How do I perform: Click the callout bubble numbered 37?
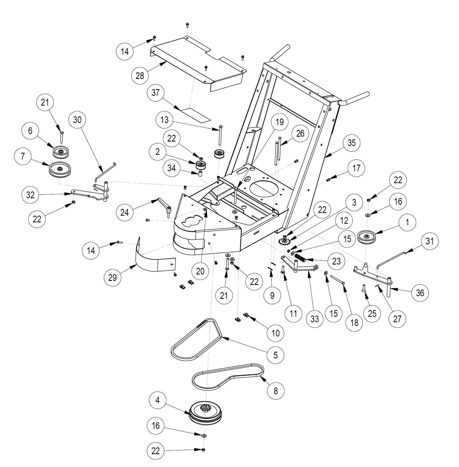156,93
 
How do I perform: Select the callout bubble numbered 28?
140,76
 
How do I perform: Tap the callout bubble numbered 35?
351,143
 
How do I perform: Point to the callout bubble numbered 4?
157,400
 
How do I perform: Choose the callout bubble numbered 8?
276,391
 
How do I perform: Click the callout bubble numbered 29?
112,277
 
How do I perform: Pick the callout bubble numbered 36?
420,293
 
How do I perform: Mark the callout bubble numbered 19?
279,122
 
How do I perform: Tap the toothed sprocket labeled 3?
284,242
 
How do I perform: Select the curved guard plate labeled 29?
150,258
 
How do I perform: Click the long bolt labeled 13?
220,136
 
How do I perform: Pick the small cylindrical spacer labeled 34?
200,173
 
